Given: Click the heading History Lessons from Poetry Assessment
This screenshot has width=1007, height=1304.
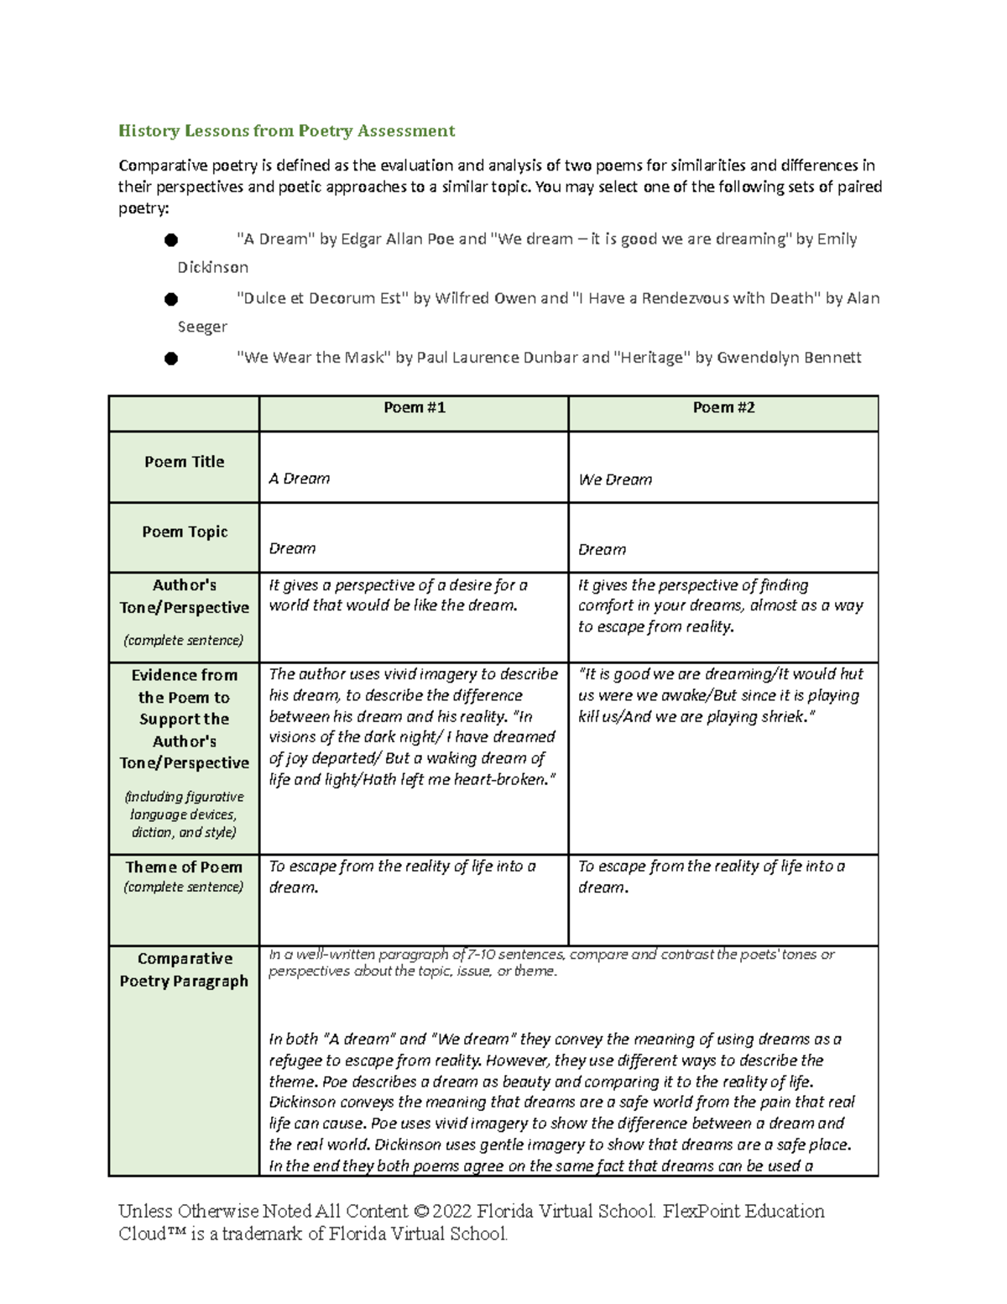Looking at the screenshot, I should click(286, 130).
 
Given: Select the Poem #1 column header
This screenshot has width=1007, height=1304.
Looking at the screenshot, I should click(414, 407).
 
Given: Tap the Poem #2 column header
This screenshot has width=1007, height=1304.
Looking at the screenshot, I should click(723, 407).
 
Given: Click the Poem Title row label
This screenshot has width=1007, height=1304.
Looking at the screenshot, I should click(184, 462).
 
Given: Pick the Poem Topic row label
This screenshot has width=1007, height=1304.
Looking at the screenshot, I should click(185, 532).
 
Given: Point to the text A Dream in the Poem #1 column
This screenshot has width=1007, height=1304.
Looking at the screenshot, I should click(299, 479).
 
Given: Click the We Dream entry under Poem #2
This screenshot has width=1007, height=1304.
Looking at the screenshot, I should click(615, 479).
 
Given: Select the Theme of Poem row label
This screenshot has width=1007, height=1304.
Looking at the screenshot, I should click(184, 867).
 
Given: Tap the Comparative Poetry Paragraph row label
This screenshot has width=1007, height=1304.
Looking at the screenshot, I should click(184, 969).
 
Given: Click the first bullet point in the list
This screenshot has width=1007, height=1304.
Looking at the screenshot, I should click(171, 240).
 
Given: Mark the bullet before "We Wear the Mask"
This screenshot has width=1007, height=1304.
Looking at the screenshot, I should click(171, 359).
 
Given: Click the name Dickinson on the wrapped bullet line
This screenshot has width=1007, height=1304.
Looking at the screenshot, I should click(212, 267).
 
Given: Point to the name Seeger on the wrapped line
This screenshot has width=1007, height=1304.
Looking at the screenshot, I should click(202, 327).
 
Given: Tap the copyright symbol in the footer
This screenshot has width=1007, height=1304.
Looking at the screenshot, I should click(420, 1211).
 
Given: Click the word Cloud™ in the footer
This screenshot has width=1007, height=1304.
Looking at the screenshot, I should click(147, 1233).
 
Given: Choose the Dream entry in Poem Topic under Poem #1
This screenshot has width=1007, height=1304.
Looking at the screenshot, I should click(292, 548).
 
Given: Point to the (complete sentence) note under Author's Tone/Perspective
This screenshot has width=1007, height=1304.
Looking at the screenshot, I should click(184, 640).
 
